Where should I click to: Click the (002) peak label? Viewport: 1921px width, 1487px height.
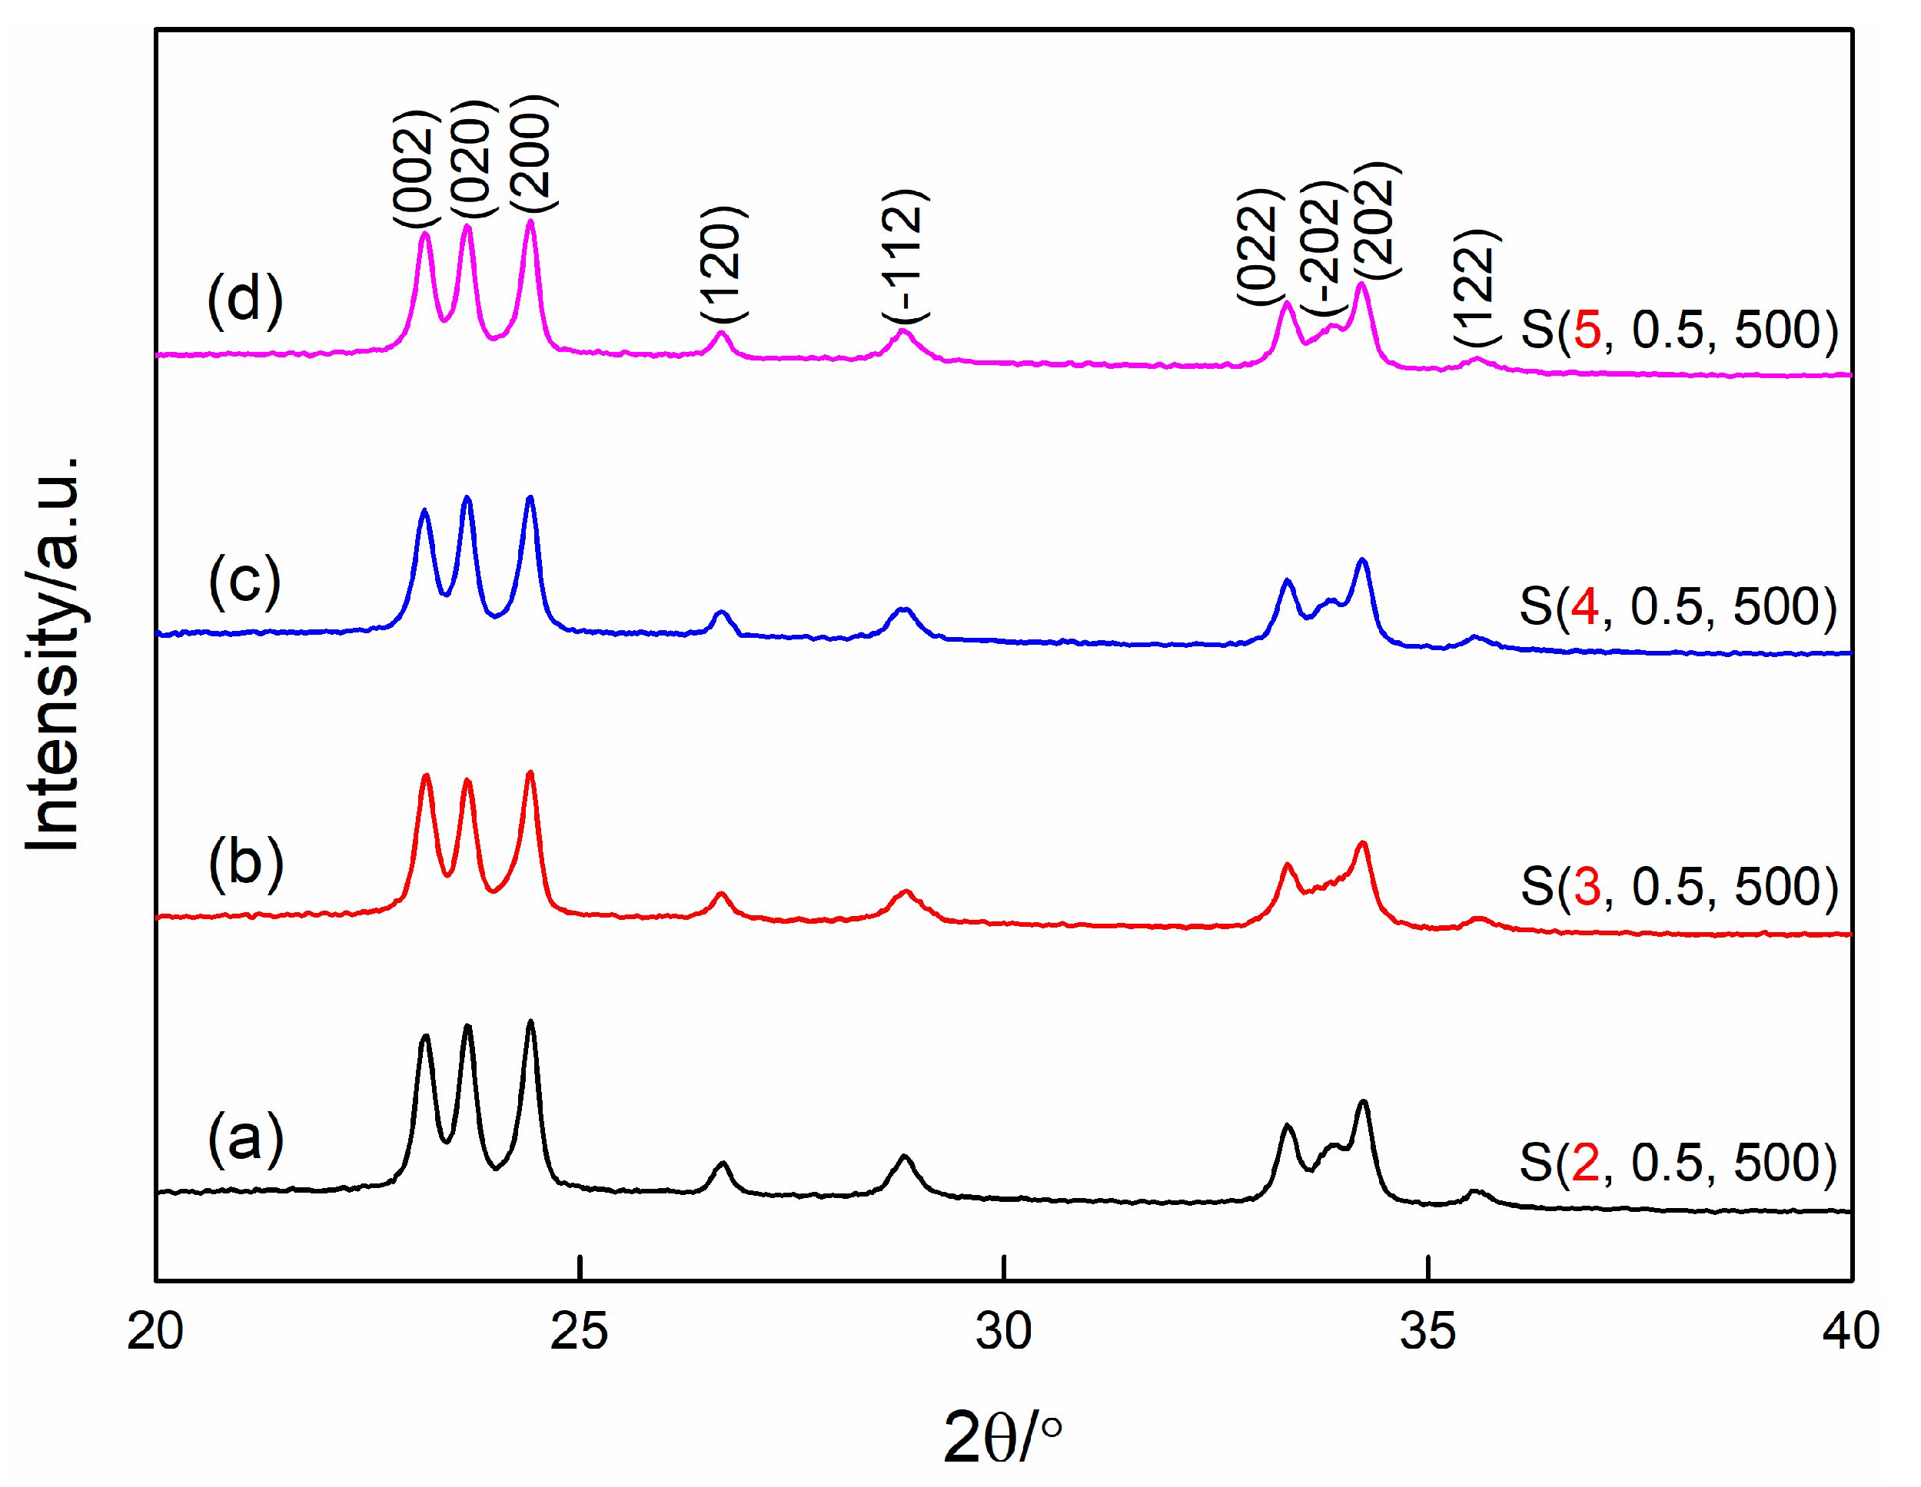414,169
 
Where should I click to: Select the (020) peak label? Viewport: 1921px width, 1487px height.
474,159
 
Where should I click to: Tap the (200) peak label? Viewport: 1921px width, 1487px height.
532,154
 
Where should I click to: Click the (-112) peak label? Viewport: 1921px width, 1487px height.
904,256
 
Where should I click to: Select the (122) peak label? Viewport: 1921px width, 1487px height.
1474,288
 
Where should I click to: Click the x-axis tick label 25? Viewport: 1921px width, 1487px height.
579,1331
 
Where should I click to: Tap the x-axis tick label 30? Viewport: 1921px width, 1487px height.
1004,1331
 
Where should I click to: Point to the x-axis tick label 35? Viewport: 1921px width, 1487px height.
1427,1331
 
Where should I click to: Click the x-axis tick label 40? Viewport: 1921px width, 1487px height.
1850,1331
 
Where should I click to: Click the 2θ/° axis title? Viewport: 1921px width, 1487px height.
1002,1438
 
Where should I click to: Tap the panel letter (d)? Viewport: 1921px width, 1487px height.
245,299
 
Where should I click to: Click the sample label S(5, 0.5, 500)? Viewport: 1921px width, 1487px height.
1678,330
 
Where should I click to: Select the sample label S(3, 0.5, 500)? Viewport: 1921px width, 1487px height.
1678,885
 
